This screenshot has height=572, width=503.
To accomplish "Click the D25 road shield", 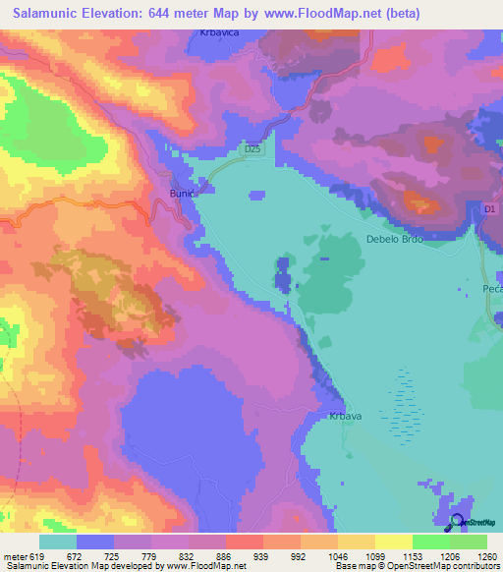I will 253,148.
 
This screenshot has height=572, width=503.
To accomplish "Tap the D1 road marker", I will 491,209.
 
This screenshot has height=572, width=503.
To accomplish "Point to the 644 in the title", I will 195,13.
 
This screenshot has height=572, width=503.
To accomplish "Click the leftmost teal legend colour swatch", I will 57,542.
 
